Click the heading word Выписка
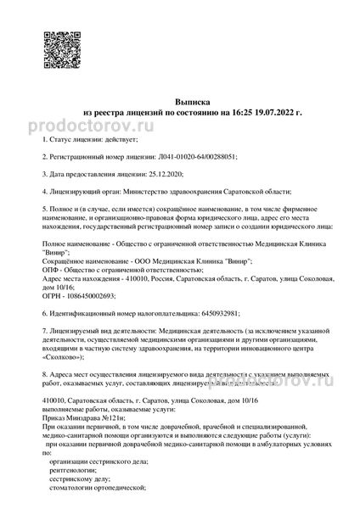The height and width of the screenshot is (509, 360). [x=180, y=99]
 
